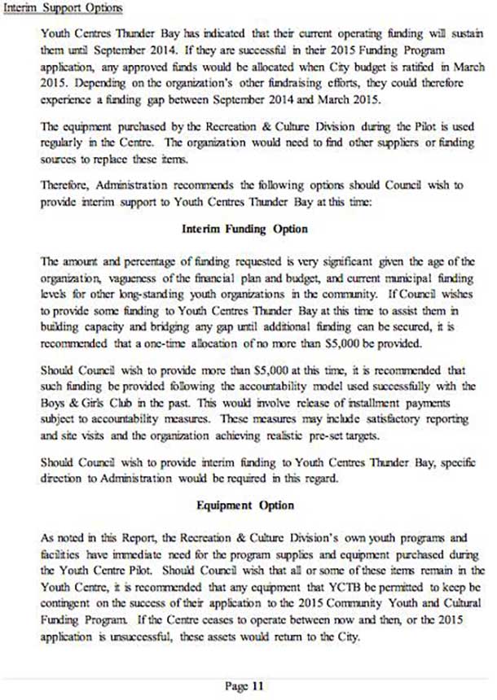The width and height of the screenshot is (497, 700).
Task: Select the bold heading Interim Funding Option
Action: (x=244, y=229)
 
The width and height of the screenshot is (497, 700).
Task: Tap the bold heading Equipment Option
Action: (x=244, y=505)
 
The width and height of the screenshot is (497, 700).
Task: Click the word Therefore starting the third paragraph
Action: (x=65, y=186)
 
